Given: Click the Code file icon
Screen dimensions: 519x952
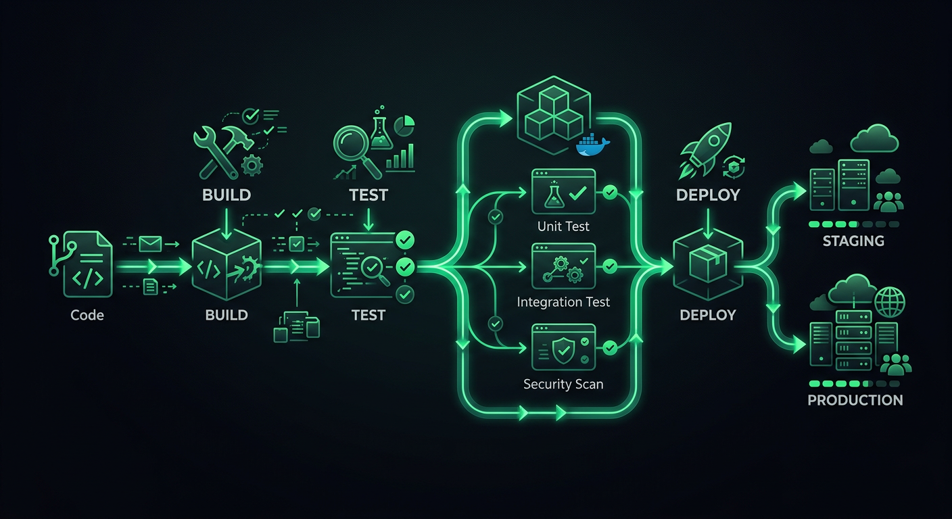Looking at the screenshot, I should [87, 265].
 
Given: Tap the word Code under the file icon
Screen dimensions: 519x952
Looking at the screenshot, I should [87, 315].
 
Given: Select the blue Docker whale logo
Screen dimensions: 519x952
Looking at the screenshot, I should [592, 147].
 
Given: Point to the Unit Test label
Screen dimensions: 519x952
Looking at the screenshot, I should [563, 226].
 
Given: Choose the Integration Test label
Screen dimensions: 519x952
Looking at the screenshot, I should [563, 302].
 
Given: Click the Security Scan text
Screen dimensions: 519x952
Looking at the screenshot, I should [563, 385].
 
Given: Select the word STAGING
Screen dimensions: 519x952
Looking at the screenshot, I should [853, 241].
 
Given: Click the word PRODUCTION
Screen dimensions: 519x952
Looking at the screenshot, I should [855, 400].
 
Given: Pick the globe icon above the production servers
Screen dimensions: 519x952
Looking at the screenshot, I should [889, 300].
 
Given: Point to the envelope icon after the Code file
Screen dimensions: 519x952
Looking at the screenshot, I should [150, 243].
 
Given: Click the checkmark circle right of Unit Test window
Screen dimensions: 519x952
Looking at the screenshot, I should [610, 193].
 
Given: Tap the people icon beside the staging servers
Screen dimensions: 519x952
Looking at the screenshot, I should [888, 201].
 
